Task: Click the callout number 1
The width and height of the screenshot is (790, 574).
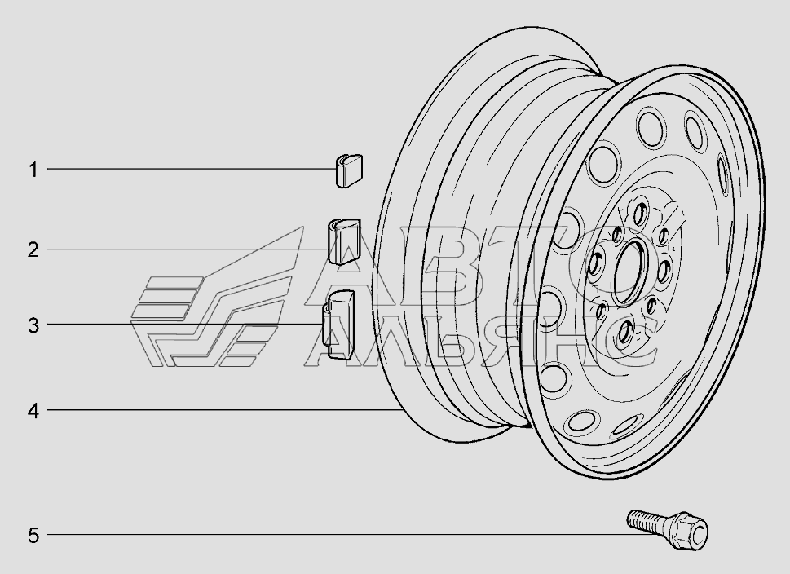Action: (x=33, y=170)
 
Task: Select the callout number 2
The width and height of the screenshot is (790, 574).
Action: (x=33, y=249)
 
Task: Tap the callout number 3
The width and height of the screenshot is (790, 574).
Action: (x=33, y=325)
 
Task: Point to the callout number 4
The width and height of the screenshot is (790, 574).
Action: (x=33, y=411)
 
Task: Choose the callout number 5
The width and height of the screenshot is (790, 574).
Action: (x=33, y=535)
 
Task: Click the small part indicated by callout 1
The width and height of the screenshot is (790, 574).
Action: (x=349, y=171)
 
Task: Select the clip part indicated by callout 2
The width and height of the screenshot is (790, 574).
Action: (x=344, y=241)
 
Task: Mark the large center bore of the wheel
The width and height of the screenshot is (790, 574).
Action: (x=628, y=272)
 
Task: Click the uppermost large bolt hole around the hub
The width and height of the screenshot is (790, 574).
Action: (x=641, y=212)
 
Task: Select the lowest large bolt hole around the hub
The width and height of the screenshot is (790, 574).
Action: (x=625, y=333)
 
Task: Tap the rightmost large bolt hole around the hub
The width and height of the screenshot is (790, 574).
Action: (x=664, y=272)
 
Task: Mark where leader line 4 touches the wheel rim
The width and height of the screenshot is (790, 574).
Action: (x=404, y=410)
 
